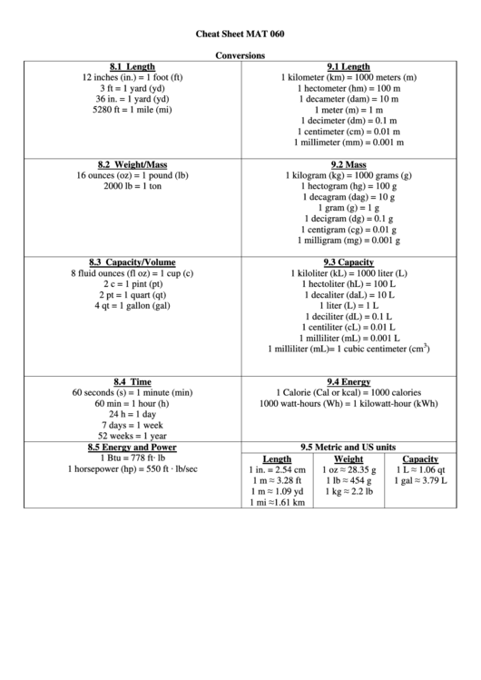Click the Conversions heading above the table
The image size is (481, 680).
240,55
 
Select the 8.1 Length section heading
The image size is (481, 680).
133,67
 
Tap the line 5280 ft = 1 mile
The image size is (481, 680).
133,109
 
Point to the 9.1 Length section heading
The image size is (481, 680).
348,67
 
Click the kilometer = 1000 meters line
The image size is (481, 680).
348,78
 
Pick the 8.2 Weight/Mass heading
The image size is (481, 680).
133,164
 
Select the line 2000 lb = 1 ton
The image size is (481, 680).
133,186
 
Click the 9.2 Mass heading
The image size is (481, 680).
348,164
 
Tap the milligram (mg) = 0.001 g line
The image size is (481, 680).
348,241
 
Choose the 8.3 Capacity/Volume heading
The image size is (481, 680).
133,262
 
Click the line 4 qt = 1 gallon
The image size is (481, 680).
133,306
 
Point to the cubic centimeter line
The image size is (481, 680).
348,349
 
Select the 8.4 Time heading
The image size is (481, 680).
133,381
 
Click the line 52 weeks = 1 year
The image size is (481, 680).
133,436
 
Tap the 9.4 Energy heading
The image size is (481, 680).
348,381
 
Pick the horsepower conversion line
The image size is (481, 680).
133,469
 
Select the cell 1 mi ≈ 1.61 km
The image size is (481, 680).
278,502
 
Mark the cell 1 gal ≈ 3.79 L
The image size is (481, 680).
420,481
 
